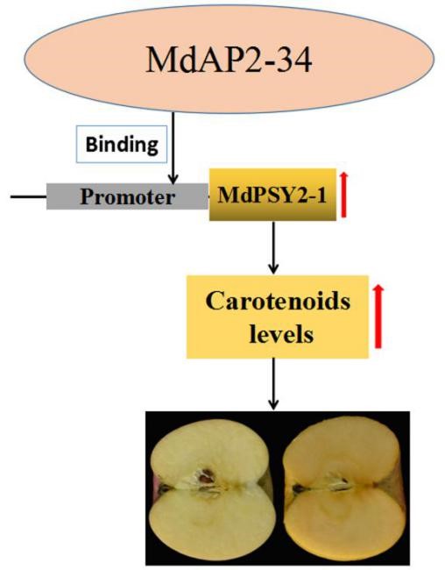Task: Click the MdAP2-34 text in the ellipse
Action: tap(229, 60)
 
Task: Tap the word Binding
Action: tap(122, 145)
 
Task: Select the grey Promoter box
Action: tap(127, 196)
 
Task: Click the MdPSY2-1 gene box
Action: tap(272, 195)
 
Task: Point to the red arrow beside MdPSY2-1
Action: tap(343, 196)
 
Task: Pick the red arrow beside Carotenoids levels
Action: tap(378, 317)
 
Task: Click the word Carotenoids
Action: tap(278, 301)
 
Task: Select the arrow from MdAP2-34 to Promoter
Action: tap(173, 148)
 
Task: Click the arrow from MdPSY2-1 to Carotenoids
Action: tap(273, 248)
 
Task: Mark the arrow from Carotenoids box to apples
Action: tap(273, 384)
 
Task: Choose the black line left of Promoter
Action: tap(28, 196)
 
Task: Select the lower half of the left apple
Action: tap(213, 524)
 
